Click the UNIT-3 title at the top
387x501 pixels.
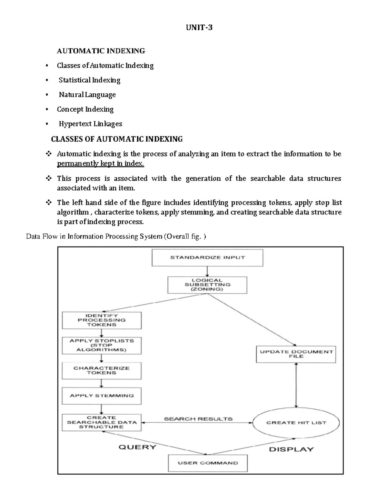click(199, 28)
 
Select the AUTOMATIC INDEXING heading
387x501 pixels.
click(101, 51)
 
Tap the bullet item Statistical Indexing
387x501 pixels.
click(89, 80)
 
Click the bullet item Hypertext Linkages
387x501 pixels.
click(90, 124)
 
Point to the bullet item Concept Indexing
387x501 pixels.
click(85, 109)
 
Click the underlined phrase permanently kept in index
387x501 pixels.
click(100, 164)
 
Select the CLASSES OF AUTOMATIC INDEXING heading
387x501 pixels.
click(117, 139)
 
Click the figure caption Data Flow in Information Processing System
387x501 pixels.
click(116, 236)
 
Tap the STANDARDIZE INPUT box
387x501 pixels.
click(207, 257)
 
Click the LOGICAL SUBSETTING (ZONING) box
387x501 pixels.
click(207, 285)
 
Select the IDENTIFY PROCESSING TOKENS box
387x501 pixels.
click(102, 320)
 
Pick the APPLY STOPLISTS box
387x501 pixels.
click(102, 345)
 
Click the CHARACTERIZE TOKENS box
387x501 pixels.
click(102, 370)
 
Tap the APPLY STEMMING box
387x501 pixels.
click(102, 396)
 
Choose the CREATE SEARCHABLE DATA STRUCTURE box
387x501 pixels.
click(102, 422)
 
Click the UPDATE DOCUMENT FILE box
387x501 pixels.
click(296, 354)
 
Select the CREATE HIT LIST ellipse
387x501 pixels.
click(296, 423)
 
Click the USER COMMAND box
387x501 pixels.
click(208, 463)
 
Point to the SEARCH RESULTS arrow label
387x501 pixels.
click(198, 419)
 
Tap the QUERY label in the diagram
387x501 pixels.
click(137, 447)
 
